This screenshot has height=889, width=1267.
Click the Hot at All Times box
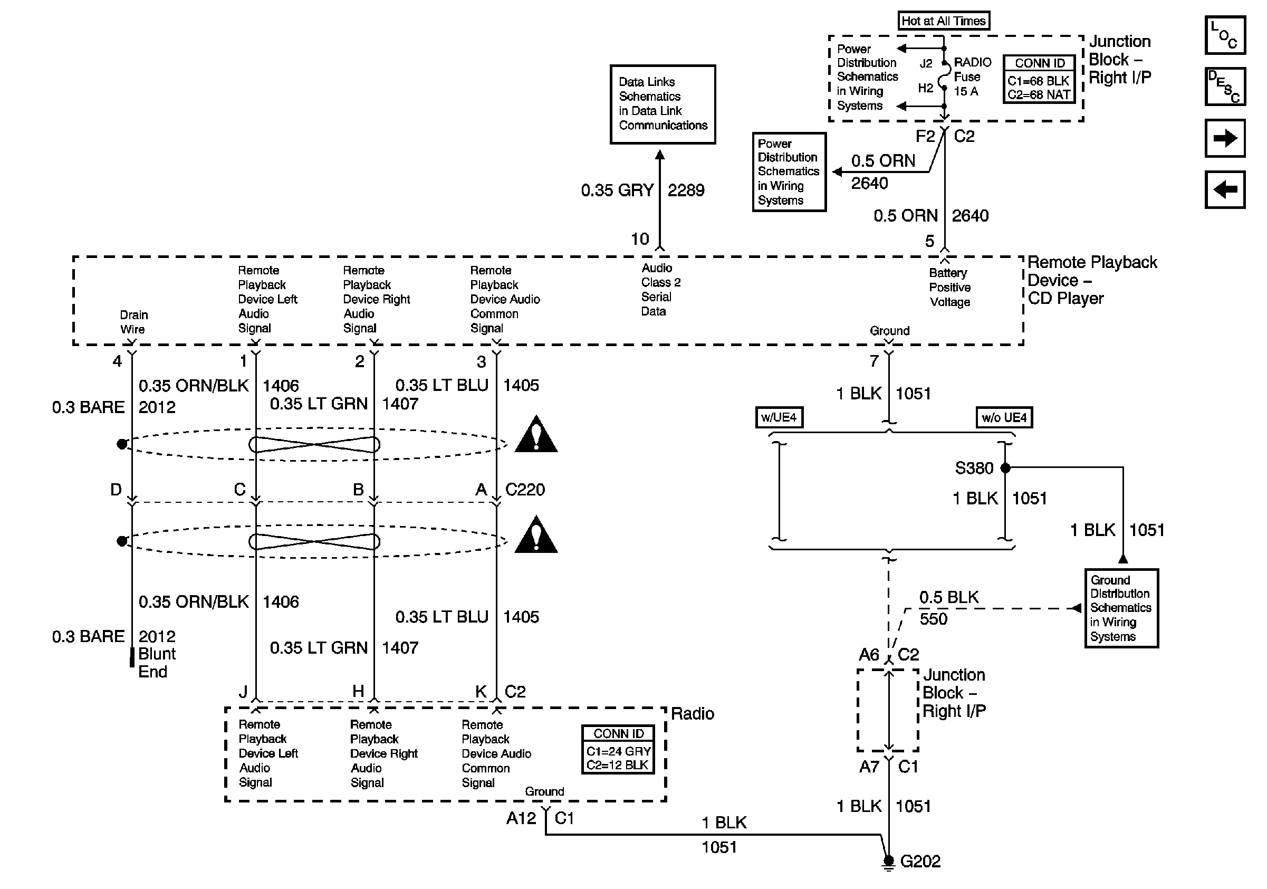pos(944,21)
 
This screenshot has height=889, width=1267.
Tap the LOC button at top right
pos(1225,35)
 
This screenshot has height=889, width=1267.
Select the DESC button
pos(1225,87)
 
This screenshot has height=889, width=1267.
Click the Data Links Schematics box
pos(663,104)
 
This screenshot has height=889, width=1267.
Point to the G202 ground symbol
pos(888,863)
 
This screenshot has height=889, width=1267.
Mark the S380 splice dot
pos(1005,468)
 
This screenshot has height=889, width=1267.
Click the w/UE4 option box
pos(779,417)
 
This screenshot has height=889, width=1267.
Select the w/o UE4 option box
pos(1004,417)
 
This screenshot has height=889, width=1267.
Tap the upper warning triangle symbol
pos(536,434)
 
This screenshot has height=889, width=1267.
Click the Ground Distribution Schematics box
pos(1121,608)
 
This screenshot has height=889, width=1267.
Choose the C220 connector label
pos(525,490)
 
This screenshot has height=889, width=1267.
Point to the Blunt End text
pos(157,663)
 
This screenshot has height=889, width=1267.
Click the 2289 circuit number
pos(686,190)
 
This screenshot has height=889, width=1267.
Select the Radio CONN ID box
pos(618,749)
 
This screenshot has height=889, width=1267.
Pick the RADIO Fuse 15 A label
pos(972,77)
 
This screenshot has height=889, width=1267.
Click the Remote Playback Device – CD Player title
pos(1092,280)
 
